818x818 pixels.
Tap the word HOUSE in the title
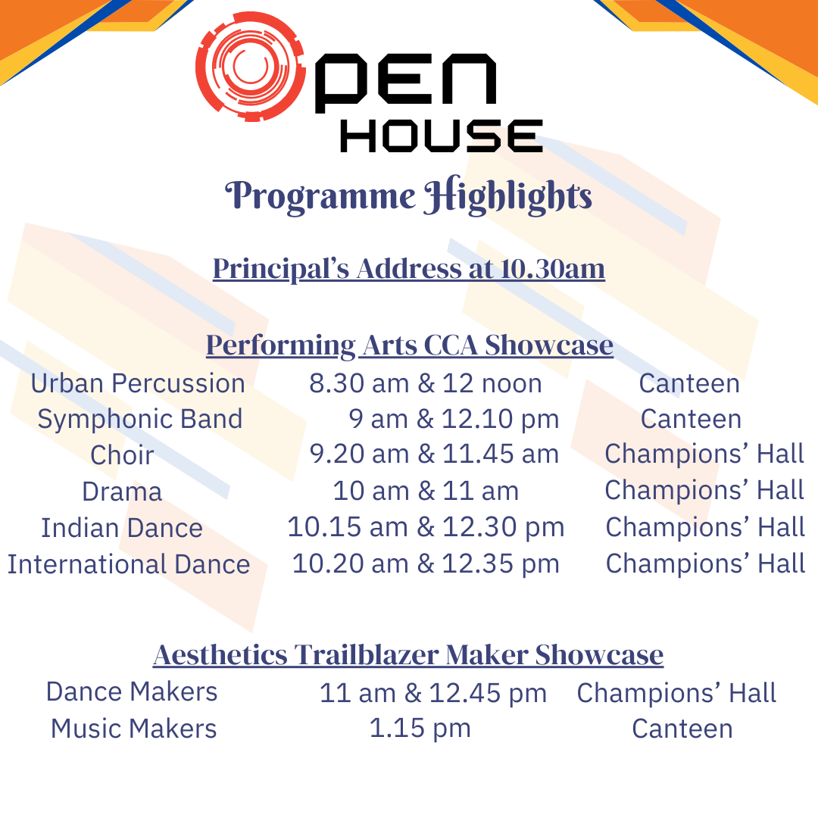coord(442,136)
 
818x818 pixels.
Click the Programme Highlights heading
coord(408,197)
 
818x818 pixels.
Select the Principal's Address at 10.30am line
coord(408,269)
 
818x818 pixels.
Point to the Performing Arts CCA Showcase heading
coord(410,345)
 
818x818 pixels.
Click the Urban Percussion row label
coord(138,383)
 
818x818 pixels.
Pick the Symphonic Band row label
coord(140,420)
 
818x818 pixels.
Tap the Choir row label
coord(122,455)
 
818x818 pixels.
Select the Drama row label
coord(122,492)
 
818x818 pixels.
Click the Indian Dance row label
coord(122,528)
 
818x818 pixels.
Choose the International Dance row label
coord(129,564)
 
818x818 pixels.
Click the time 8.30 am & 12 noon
coord(426,383)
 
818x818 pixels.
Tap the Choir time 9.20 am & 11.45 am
coord(434,454)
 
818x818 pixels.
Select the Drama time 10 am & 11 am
coord(426,491)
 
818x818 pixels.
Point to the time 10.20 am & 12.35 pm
coord(426,564)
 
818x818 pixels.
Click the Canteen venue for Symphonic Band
coord(692,419)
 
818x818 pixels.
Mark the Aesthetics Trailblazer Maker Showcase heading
coord(408,655)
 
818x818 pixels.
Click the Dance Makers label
coord(132,692)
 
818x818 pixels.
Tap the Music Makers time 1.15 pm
coord(420,729)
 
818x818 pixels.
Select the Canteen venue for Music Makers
coord(682,729)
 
